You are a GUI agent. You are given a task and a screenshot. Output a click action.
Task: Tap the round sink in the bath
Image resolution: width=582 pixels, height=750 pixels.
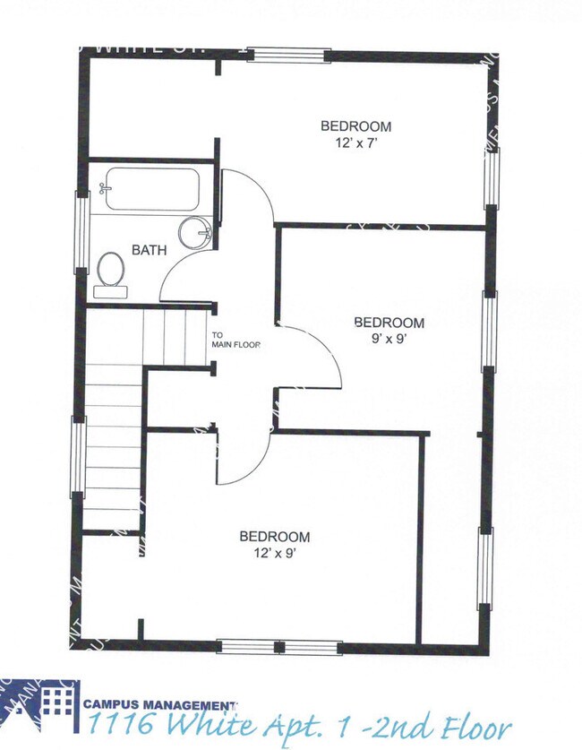[193, 233]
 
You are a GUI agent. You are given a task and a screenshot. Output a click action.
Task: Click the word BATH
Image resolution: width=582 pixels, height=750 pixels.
[149, 251]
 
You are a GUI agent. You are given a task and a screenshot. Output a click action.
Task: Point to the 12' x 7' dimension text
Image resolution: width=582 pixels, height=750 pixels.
[355, 142]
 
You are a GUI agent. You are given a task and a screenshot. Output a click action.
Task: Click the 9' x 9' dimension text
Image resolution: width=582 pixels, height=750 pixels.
[389, 339]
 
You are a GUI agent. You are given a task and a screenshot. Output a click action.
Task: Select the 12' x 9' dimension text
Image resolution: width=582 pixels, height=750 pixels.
[274, 553]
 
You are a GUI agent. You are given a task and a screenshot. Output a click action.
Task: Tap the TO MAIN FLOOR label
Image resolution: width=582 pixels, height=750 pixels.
[235, 340]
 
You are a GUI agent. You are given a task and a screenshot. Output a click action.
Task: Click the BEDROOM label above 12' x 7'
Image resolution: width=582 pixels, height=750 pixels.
[355, 126]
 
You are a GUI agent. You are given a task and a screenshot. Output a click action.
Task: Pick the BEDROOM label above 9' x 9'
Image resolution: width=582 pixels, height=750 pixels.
[389, 323]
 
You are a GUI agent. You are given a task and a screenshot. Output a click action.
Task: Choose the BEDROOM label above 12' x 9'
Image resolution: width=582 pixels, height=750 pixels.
[274, 537]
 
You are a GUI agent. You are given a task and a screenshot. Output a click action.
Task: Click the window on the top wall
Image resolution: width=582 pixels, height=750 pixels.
[289, 54]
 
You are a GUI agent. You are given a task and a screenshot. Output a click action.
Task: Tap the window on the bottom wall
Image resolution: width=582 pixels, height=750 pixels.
[279, 647]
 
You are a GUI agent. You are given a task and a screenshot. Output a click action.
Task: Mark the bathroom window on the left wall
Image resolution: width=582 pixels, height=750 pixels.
[81, 231]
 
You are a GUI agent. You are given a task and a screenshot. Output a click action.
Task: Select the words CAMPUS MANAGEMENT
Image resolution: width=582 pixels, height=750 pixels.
[159, 705]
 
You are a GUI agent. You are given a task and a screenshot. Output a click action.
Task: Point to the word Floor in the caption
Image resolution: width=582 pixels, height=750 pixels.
[477, 728]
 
